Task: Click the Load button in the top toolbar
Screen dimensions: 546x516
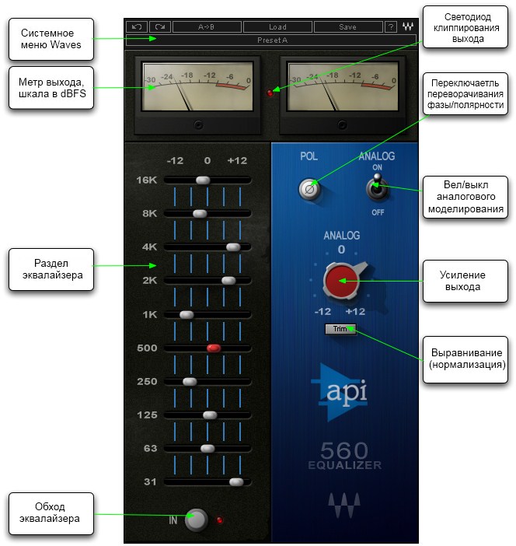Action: (277, 26)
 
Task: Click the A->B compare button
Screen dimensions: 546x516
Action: (207, 26)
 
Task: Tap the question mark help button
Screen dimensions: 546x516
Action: (391, 26)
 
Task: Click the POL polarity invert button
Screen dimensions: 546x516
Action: (310, 187)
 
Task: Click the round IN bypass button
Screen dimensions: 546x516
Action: (197, 519)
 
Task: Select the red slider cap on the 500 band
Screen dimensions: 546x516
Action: (214, 348)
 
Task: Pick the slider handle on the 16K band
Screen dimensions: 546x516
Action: (203, 180)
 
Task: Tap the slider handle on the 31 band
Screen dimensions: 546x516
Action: (236, 482)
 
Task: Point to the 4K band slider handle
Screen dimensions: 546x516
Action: (232, 247)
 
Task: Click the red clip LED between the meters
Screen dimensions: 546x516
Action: (270, 93)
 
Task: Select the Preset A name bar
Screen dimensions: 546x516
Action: (271, 40)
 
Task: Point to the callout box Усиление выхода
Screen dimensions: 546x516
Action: (464, 281)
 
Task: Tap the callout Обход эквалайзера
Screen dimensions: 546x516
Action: (51, 513)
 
